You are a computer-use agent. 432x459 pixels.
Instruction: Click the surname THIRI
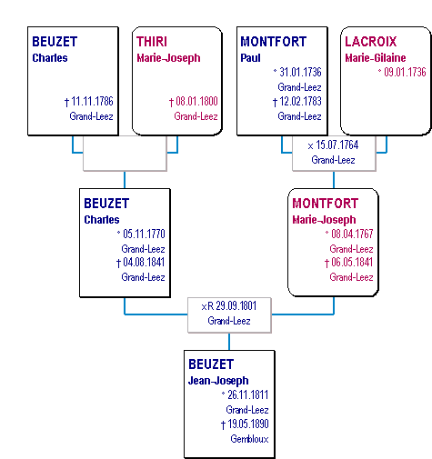click(152, 42)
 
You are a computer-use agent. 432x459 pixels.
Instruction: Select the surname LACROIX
click(371, 42)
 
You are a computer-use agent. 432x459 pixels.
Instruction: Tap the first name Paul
click(250, 58)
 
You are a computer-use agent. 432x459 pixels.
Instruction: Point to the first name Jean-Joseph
click(218, 381)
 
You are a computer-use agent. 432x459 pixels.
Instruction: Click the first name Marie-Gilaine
click(376, 58)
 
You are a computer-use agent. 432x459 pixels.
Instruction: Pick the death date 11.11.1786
click(92, 102)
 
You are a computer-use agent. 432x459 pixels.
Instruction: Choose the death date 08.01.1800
click(196, 102)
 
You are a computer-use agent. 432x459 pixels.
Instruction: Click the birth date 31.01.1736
click(300, 72)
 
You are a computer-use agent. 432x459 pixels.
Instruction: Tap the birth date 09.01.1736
click(405, 72)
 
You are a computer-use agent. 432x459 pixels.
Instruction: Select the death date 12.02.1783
click(300, 102)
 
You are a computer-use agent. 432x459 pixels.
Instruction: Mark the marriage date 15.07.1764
click(337, 145)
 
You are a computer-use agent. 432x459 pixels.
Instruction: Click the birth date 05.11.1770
click(144, 234)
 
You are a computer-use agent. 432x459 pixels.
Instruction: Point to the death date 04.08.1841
click(144, 263)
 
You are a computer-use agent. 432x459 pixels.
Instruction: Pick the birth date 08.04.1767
click(352, 234)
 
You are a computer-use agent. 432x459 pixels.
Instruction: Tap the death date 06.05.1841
click(352, 263)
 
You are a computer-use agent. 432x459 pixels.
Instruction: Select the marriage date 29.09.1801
click(236, 306)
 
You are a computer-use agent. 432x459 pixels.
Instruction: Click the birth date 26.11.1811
click(248, 394)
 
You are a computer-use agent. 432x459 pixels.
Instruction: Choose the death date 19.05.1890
click(248, 424)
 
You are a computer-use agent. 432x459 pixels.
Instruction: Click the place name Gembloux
click(249, 439)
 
